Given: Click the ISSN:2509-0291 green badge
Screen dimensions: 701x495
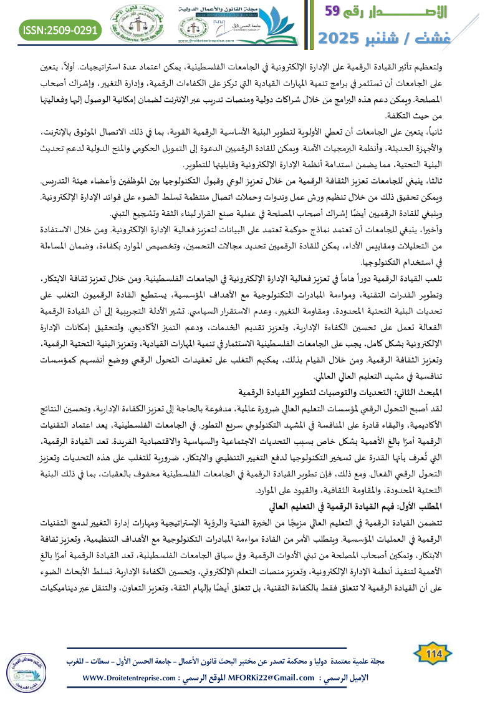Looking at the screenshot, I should tap(60, 29).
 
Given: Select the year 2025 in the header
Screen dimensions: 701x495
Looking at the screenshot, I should tap(340, 37).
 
